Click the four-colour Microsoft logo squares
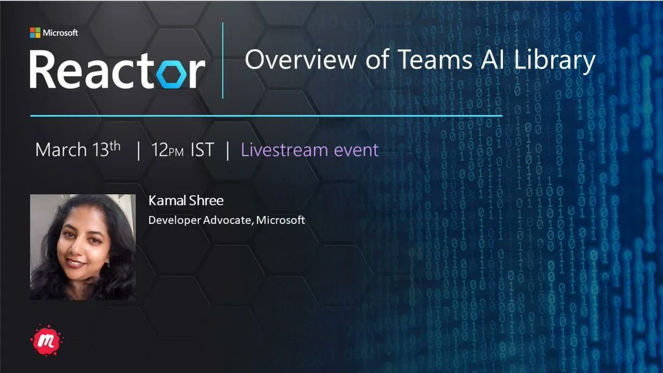35,33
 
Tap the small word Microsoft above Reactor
60,33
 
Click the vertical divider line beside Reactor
223,61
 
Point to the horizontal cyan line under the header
266,116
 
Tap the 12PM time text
167,150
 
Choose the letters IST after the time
202,150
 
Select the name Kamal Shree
186,201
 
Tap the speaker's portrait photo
82,247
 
